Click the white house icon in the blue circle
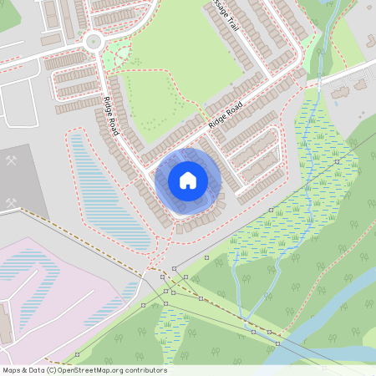(188, 180)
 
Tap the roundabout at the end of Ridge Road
(94, 41)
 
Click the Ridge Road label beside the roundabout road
(110, 115)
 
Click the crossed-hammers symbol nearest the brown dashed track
(12, 202)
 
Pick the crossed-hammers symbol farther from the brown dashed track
(12, 160)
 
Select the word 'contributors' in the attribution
(149, 370)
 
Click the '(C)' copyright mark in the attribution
(51, 370)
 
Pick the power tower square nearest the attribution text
(78, 354)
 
